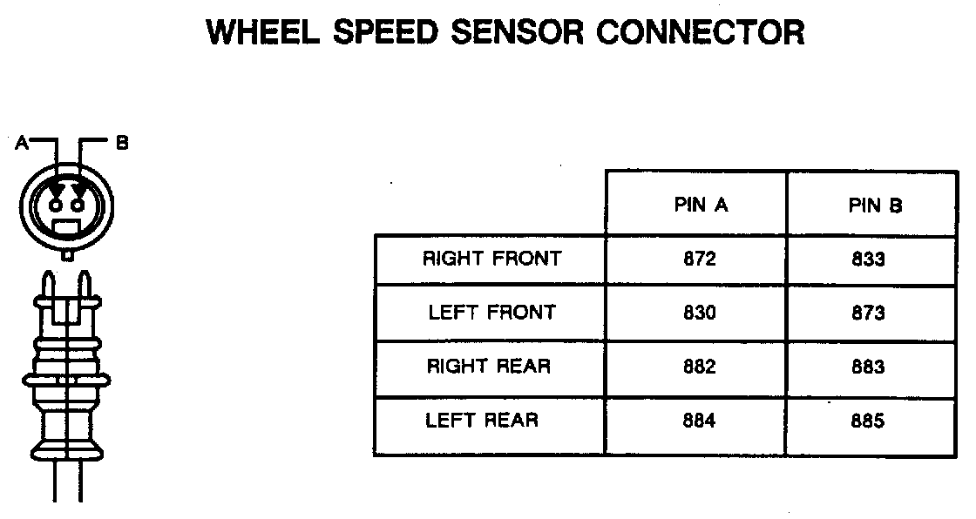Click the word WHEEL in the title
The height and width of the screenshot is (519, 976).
point(262,32)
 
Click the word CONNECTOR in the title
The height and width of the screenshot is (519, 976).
point(701,32)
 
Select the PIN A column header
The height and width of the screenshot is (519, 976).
point(701,205)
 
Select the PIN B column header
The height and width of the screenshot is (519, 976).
point(875,206)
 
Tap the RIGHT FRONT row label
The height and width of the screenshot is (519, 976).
point(491,259)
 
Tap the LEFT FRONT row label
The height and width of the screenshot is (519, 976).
point(491,312)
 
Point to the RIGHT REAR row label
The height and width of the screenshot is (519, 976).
point(489,366)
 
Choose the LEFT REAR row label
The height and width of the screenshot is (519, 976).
point(482,420)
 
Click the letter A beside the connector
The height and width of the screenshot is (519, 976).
point(22,143)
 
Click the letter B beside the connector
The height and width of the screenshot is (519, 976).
point(122,143)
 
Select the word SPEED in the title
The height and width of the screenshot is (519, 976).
point(385,32)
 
